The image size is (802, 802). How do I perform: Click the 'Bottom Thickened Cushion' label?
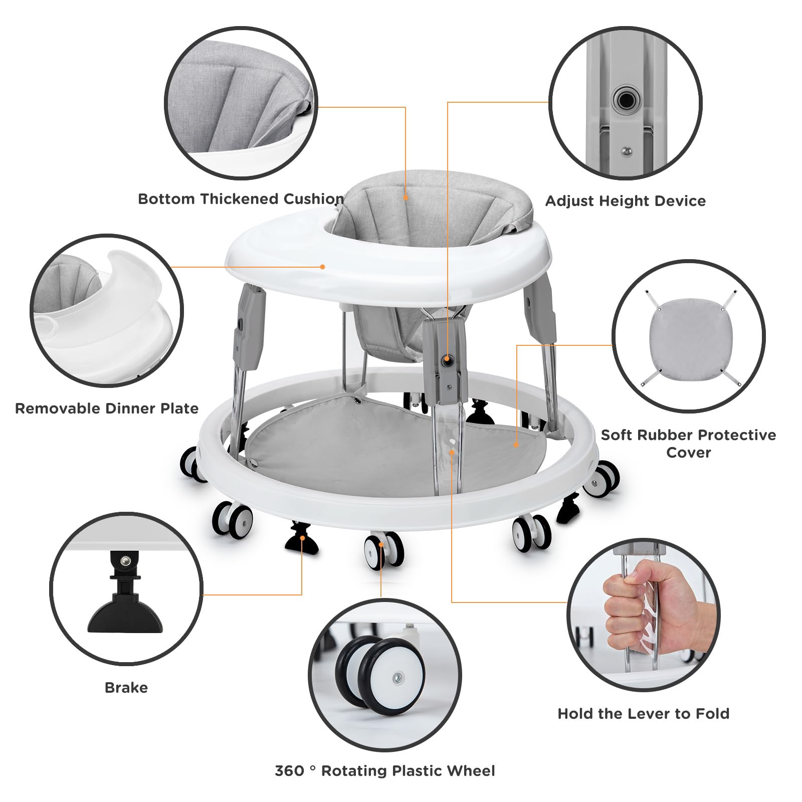[x=241, y=199]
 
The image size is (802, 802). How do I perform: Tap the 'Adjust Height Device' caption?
[x=625, y=201]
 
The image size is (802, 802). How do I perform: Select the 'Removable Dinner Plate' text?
[x=107, y=409]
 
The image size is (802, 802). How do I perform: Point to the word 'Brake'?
[x=126, y=687]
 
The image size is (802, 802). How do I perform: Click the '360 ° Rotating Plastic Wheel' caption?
[x=384, y=770]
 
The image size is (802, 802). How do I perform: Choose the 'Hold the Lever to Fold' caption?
[x=643, y=713]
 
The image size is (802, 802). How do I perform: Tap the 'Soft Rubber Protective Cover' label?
[x=688, y=443]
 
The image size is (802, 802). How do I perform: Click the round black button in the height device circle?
[x=625, y=101]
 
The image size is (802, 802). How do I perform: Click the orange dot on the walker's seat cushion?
[x=406, y=198]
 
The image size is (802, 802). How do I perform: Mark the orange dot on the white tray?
[x=323, y=267]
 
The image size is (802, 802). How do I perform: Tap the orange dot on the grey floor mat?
[x=516, y=444]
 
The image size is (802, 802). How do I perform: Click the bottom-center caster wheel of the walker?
[x=383, y=550]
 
